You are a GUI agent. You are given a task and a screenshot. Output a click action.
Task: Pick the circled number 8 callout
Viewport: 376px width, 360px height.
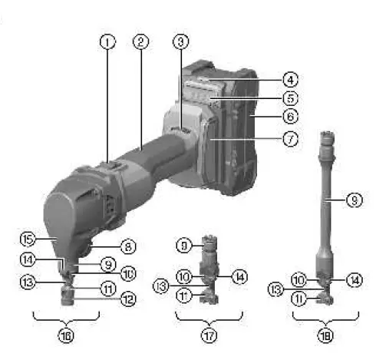coord(130,247)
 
